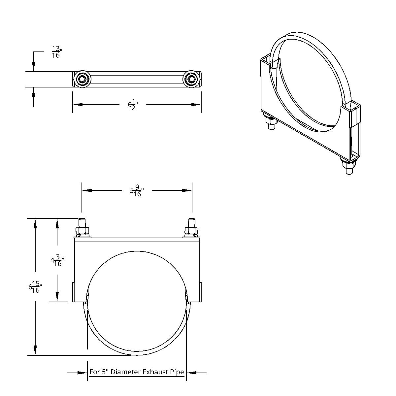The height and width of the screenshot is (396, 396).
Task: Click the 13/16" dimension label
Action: (x=56, y=52)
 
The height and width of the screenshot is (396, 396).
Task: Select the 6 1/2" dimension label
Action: (x=133, y=105)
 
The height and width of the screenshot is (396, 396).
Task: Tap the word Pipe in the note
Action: (x=177, y=372)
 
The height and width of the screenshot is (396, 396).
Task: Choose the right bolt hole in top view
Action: (x=191, y=79)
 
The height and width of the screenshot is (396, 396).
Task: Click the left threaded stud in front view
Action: (x=82, y=221)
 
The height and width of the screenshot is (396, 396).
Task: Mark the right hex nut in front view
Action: (x=192, y=230)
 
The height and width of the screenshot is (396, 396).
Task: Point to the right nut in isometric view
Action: (x=348, y=164)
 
